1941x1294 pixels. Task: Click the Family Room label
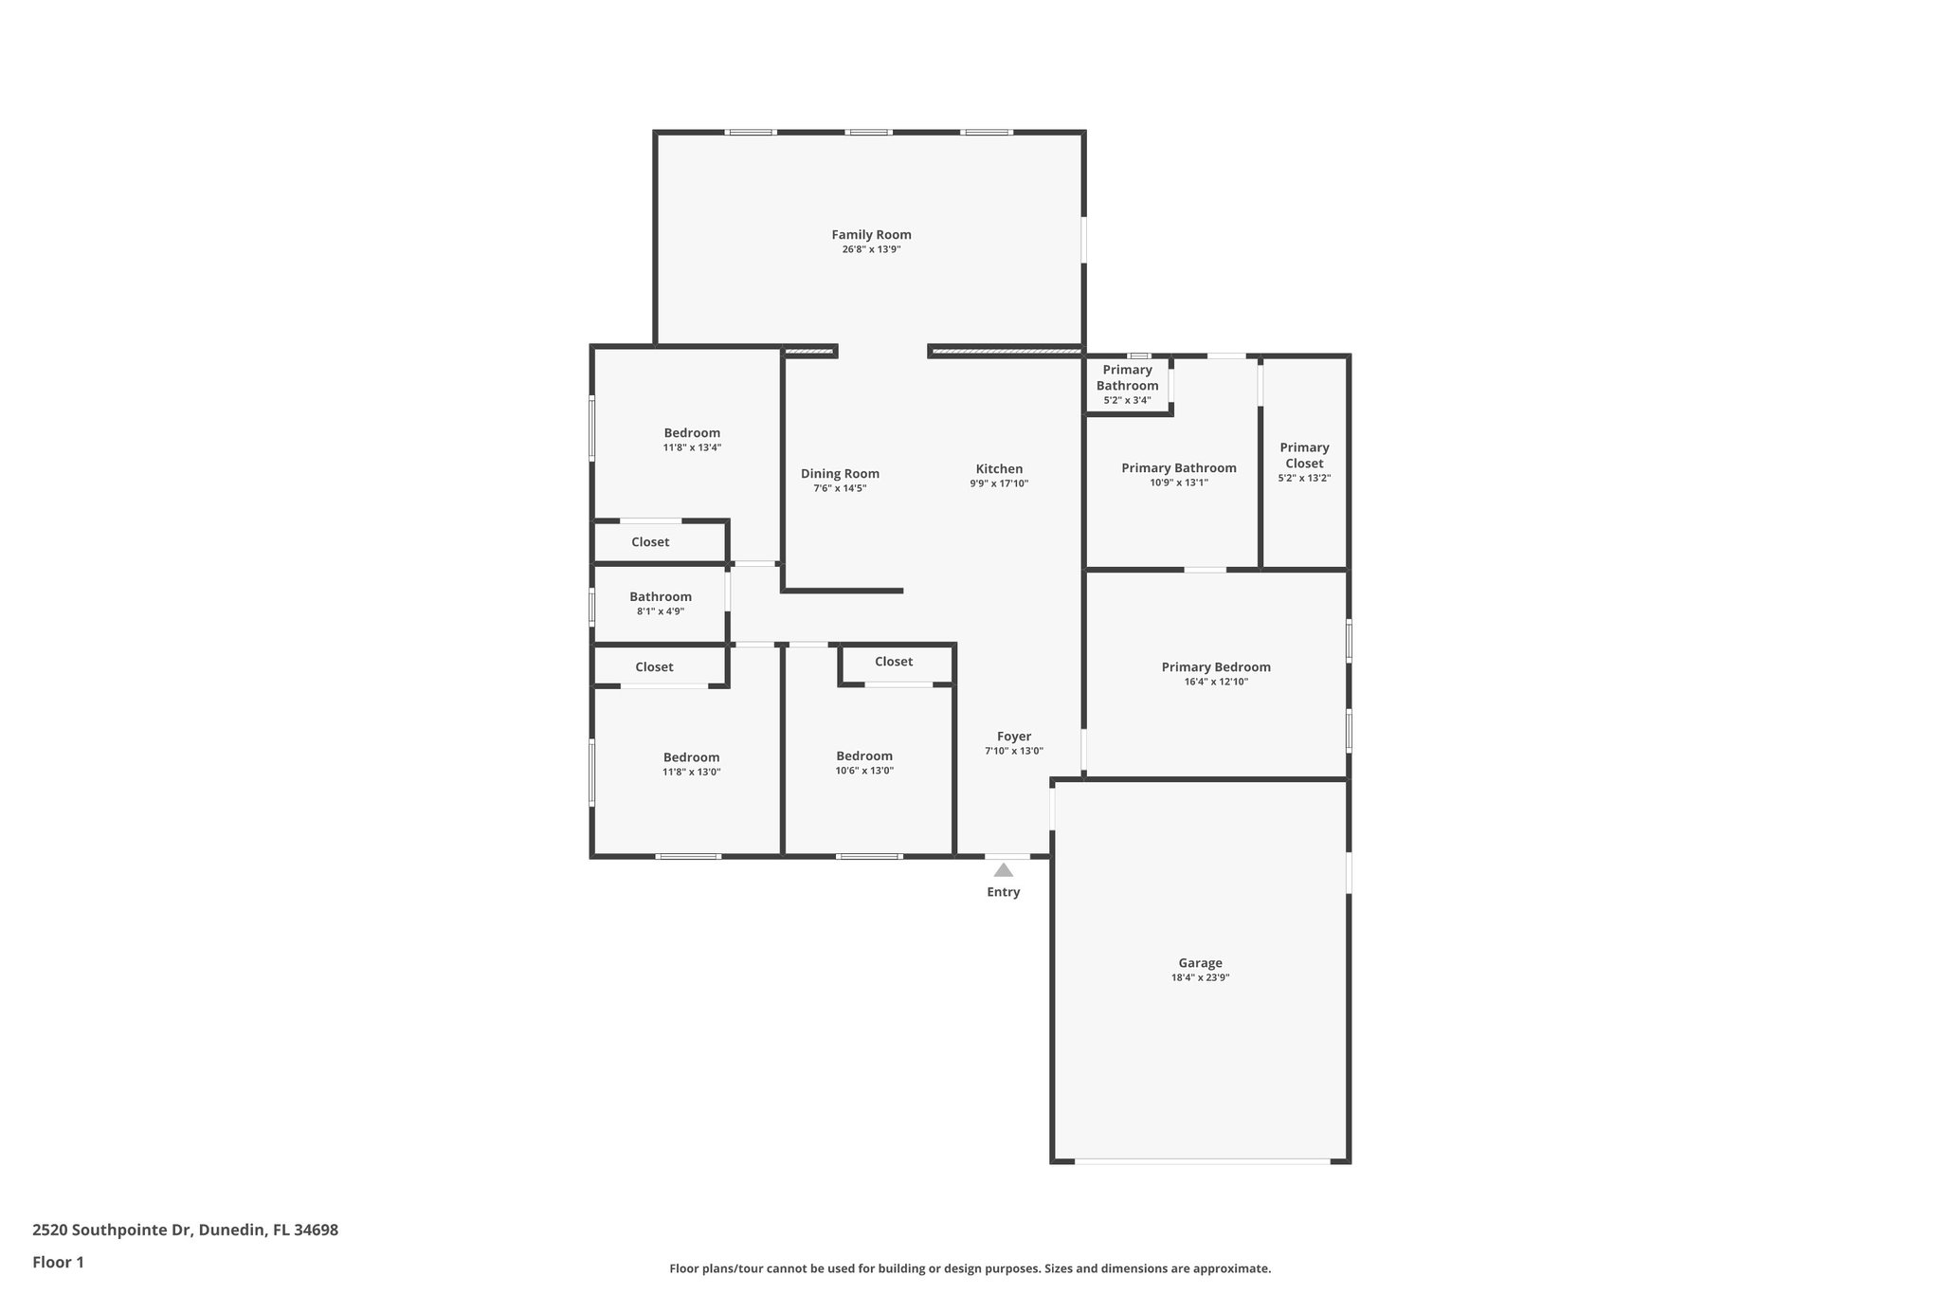871,235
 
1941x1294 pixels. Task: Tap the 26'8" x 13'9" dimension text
871,250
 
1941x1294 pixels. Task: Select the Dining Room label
840,474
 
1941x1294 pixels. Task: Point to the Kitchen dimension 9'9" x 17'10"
998,483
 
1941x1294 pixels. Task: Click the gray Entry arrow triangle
1003,869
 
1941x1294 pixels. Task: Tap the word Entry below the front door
1003,892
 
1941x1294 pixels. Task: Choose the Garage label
1200,963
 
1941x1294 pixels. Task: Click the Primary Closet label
1304,455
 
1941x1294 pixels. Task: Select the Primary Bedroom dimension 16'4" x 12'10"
1216,682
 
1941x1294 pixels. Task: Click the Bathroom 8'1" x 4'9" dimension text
661,611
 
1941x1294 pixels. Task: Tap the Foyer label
1013,737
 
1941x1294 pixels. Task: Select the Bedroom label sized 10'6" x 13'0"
863,756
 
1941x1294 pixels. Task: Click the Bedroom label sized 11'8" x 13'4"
692,433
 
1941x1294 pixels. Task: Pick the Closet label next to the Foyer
893,662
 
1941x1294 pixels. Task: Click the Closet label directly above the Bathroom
650,542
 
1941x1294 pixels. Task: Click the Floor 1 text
58,1262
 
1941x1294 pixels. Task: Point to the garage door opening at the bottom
1201,1160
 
